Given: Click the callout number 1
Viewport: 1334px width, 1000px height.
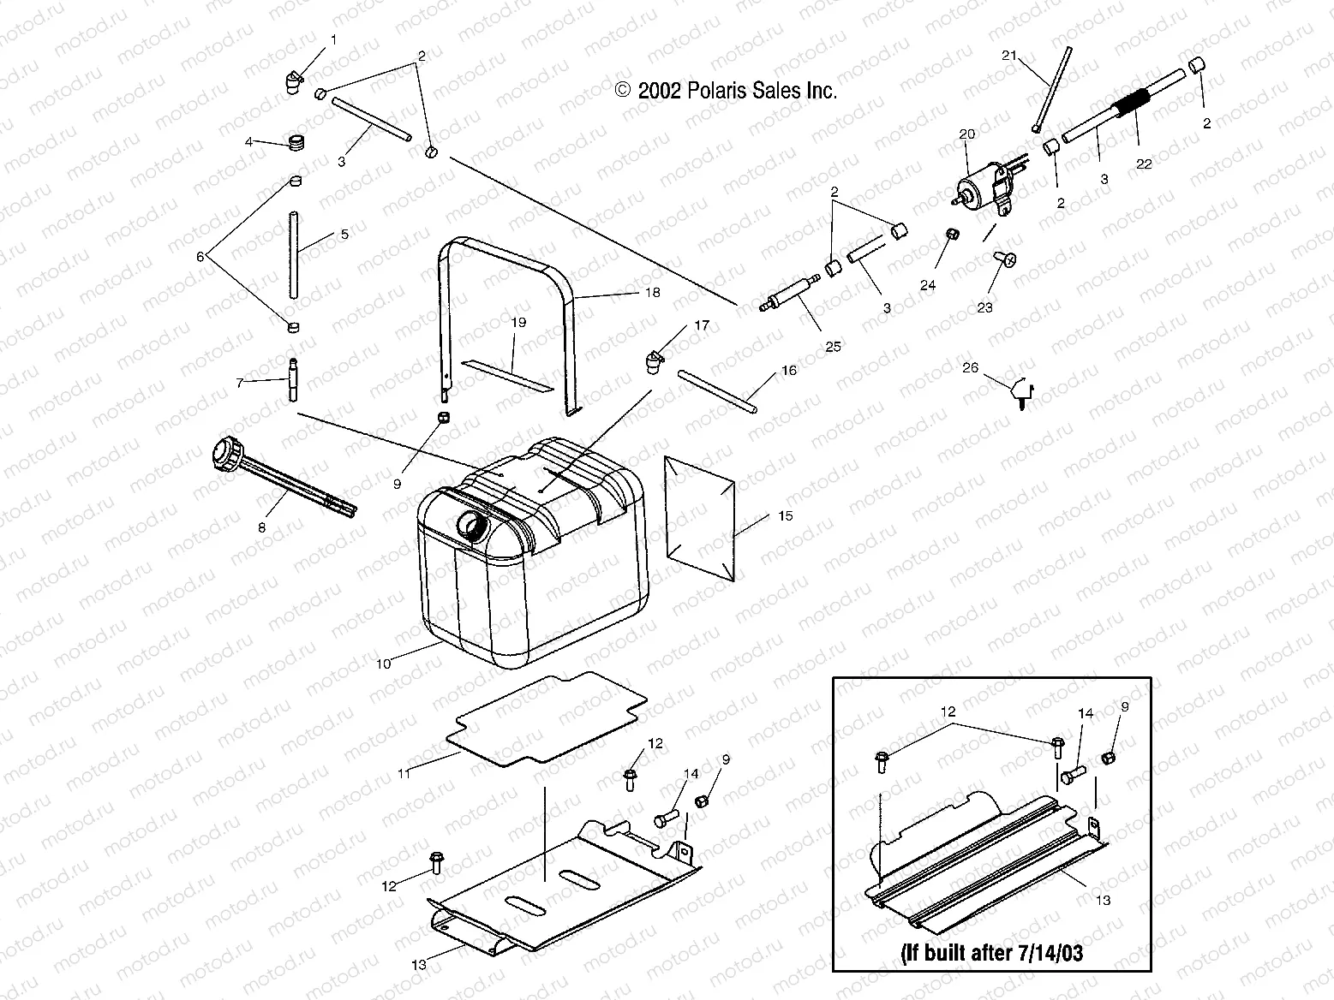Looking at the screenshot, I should click(x=333, y=40).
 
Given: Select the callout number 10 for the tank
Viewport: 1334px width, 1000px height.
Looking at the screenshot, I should click(x=383, y=663).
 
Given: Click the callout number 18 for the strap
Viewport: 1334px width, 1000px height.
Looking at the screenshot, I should click(x=652, y=292).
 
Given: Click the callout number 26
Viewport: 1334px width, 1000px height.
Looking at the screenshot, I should click(x=969, y=368).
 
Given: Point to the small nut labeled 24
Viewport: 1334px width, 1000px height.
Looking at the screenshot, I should click(x=950, y=235).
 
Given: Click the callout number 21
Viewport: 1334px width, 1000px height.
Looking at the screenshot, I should click(x=1009, y=56).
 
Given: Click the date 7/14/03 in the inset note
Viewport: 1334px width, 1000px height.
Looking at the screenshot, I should click(x=1048, y=954).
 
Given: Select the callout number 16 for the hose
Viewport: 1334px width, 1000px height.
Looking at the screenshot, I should click(x=788, y=370).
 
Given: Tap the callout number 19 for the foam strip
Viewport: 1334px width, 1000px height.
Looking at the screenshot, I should click(x=518, y=322).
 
